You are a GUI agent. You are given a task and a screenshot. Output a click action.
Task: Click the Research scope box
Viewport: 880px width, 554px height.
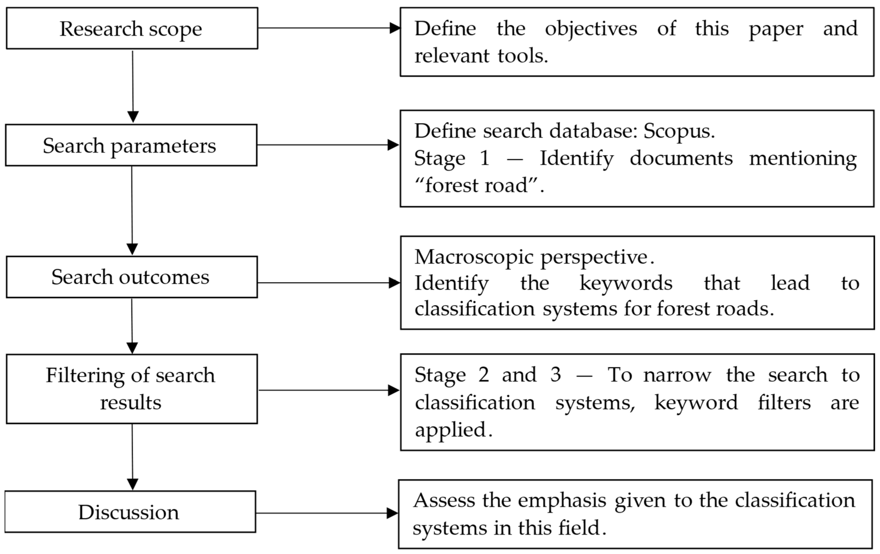pyautogui.click(x=132, y=28)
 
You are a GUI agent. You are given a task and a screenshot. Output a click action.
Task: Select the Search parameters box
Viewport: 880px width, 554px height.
pyautogui.click(x=131, y=145)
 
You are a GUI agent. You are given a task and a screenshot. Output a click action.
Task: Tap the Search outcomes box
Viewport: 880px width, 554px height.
pyautogui.click(x=132, y=277)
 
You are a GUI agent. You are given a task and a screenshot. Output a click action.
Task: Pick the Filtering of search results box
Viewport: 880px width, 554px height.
pyautogui.click(x=132, y=389)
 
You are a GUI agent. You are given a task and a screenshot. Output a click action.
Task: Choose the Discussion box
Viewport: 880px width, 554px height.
pyautogui.click(x=130, y=512)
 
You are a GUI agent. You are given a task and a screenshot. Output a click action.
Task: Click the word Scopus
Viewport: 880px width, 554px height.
pyautogui.click(x=678, y=131)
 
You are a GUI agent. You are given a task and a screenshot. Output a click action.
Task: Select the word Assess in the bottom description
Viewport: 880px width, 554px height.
pyautogui.click(x=444, y=500)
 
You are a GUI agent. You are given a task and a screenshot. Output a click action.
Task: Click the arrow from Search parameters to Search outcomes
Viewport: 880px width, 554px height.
pyautogui.click(x=132, y=210)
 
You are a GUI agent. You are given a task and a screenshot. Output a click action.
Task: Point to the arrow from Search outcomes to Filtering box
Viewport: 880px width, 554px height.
pyautogui.click(x=132, y=325)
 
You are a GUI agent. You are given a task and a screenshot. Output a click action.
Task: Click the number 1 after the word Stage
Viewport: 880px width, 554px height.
pyautogui.click(x=485, y=158)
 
